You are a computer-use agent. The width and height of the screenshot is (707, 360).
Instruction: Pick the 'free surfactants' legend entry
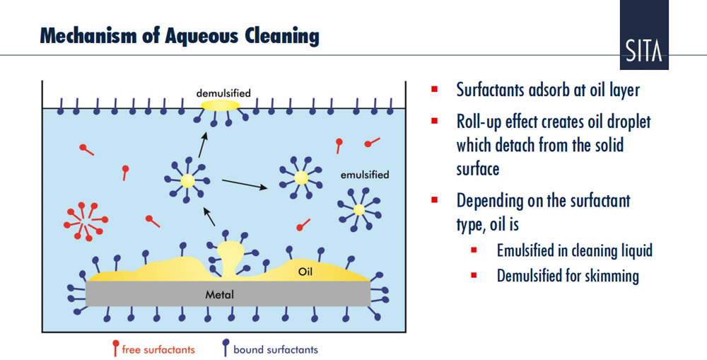click(x=158, y=349)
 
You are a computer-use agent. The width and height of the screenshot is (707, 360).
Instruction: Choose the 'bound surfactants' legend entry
click(x=275, y=349)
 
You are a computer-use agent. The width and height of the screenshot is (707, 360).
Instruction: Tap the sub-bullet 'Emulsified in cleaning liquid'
click(x=574, y=250)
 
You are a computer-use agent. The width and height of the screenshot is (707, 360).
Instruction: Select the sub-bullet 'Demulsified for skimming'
click(x=568, y=275)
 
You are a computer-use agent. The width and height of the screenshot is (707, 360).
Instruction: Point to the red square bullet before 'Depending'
click(x=436, y=200)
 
